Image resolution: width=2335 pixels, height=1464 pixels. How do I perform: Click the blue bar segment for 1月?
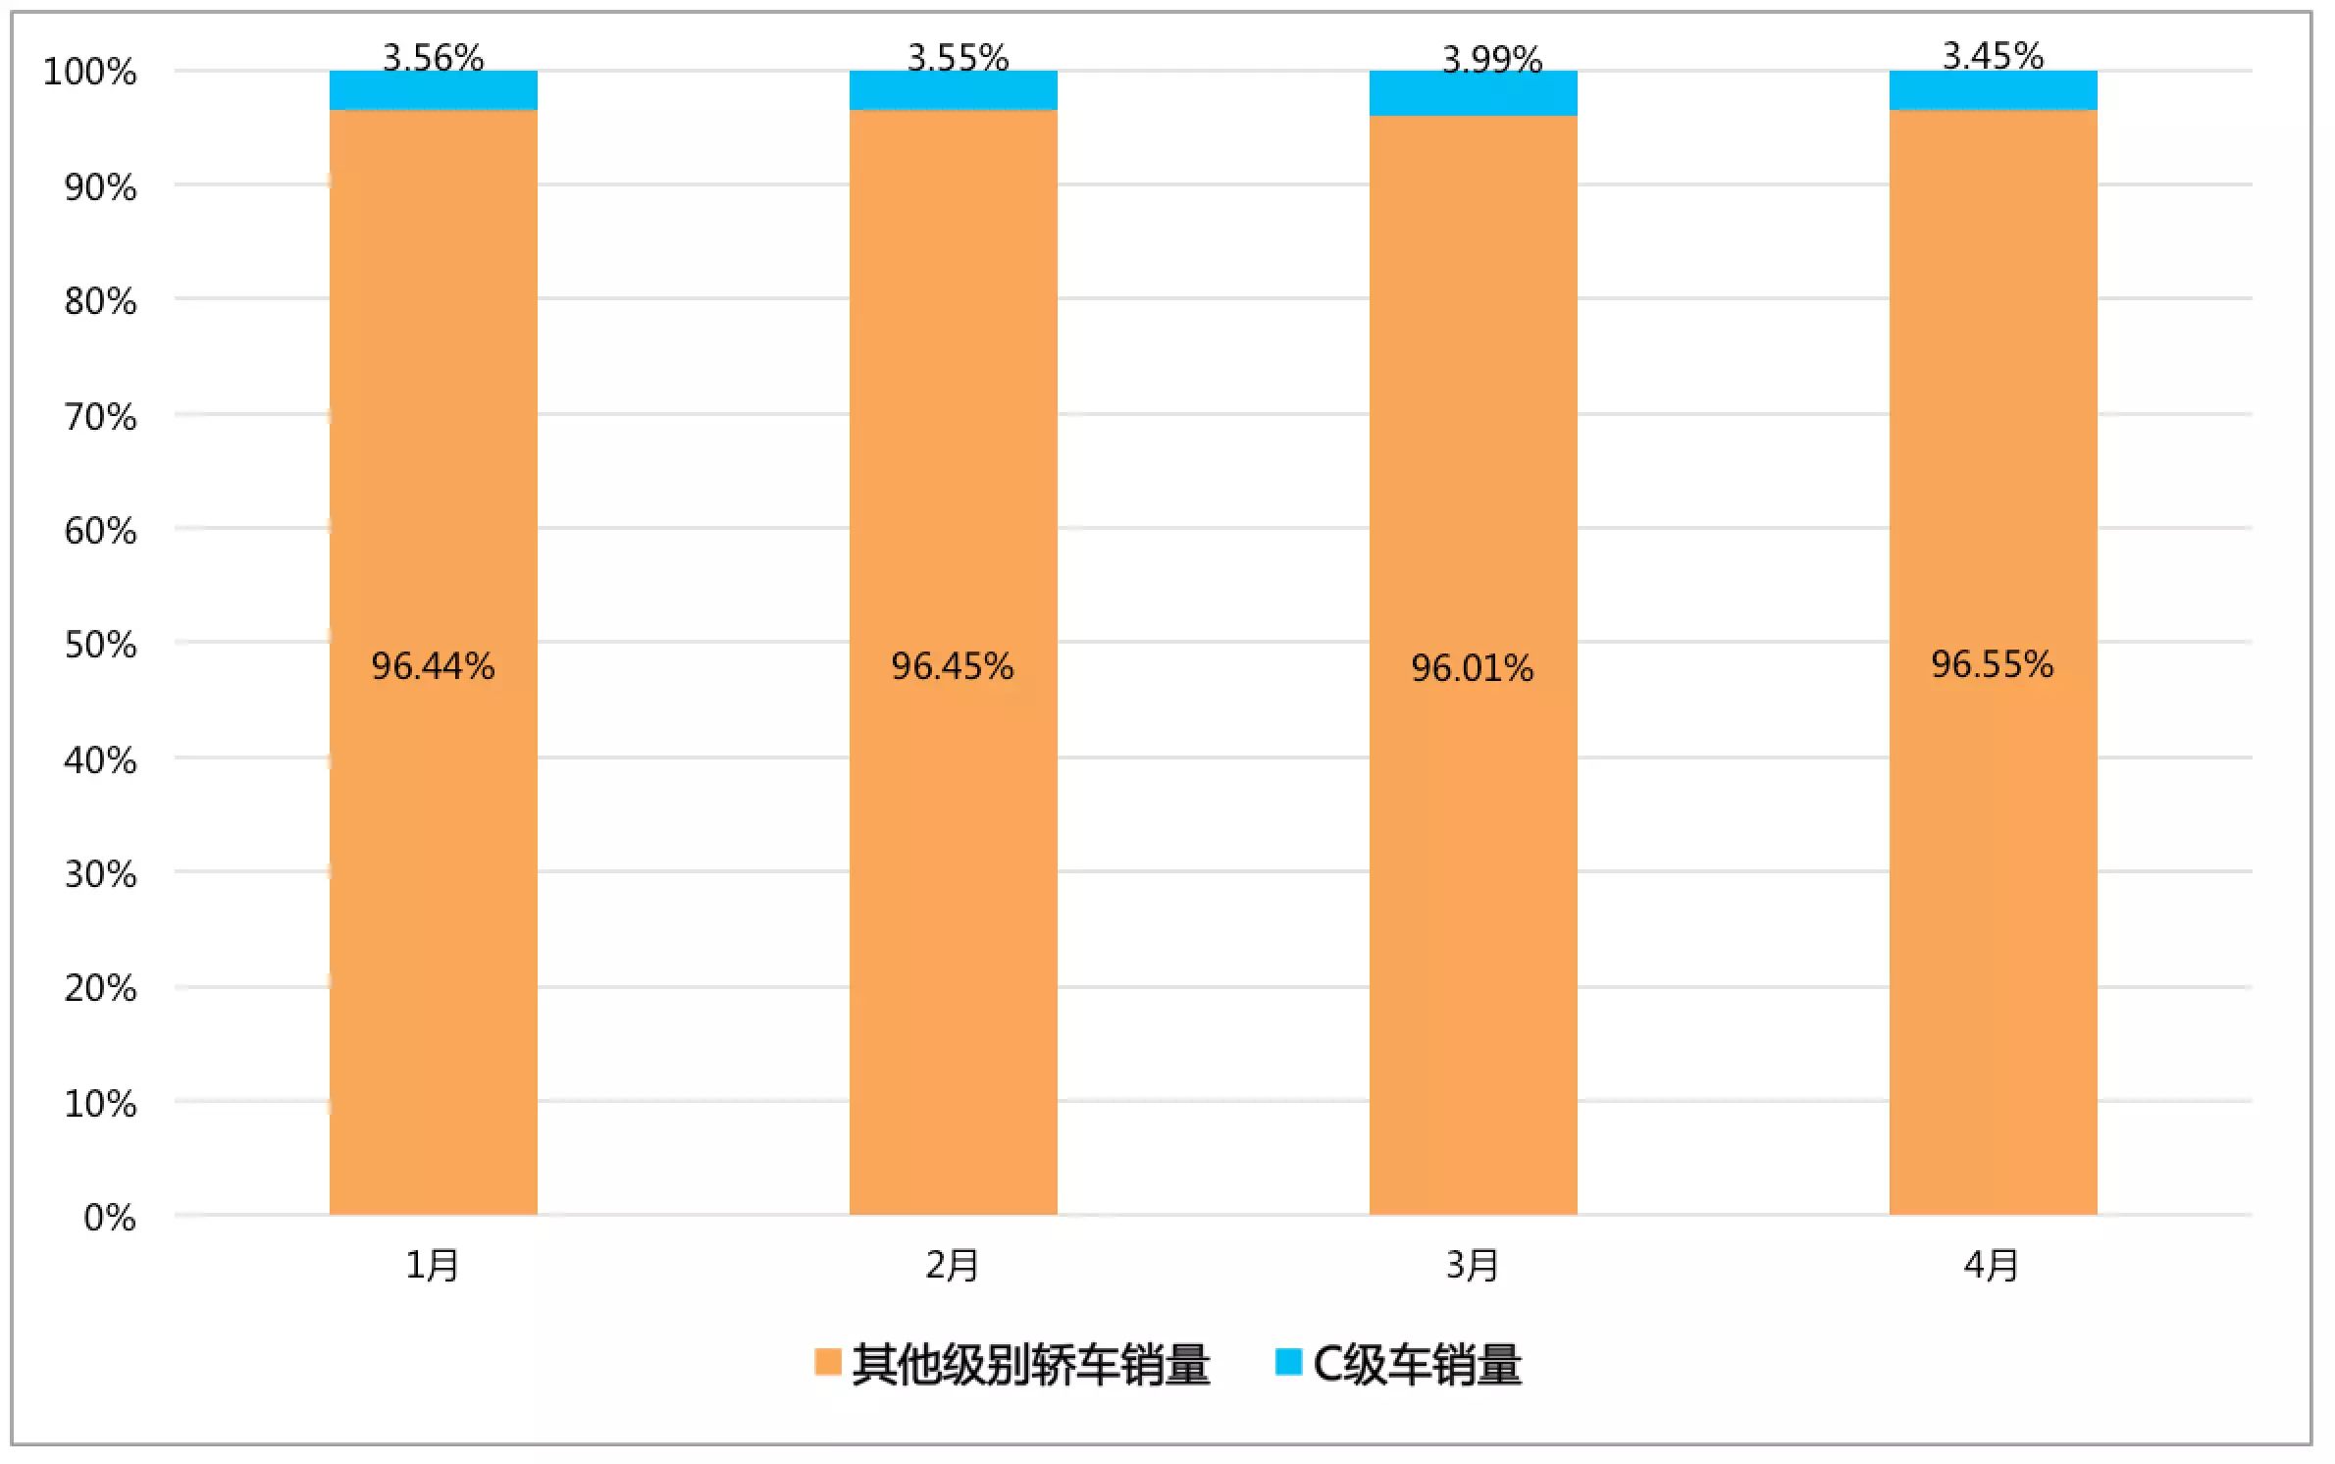(433, 90)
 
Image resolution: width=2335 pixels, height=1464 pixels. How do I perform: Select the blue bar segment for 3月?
(1473, 93)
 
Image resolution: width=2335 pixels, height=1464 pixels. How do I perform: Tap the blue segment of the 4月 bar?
(1993, 90)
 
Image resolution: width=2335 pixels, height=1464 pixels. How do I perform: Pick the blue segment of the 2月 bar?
(953, 90)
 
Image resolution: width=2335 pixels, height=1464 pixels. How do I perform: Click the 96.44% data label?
(433, 666)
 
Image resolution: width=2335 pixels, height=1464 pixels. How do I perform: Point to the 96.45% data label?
(952, 666)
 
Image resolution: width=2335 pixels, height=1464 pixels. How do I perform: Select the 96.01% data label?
(1472, 668)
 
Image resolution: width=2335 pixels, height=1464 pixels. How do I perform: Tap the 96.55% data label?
(1992, 664)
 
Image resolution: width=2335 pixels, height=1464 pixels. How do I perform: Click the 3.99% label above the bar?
(1491, 59)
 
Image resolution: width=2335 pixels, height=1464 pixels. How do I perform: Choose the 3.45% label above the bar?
(1993, 55)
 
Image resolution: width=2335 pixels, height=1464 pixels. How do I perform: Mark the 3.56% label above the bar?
(433, 57)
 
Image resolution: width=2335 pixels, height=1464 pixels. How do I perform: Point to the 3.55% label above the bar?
(958, 57)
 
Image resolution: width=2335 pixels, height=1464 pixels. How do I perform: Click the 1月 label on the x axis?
(433, 1265)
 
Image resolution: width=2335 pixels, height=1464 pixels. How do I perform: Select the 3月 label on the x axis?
(1472, 1265)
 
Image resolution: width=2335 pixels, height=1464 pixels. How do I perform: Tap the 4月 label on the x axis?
(1991, 1265)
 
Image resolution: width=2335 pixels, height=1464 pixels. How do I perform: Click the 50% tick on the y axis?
(100, 645)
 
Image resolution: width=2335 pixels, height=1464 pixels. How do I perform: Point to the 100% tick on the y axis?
(89, 72)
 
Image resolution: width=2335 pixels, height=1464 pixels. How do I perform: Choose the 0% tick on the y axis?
(109, 1218)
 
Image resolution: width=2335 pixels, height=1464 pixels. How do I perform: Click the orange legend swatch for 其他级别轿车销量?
(827, 1362)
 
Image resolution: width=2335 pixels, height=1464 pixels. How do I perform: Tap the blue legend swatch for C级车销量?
(1287, 1362)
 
